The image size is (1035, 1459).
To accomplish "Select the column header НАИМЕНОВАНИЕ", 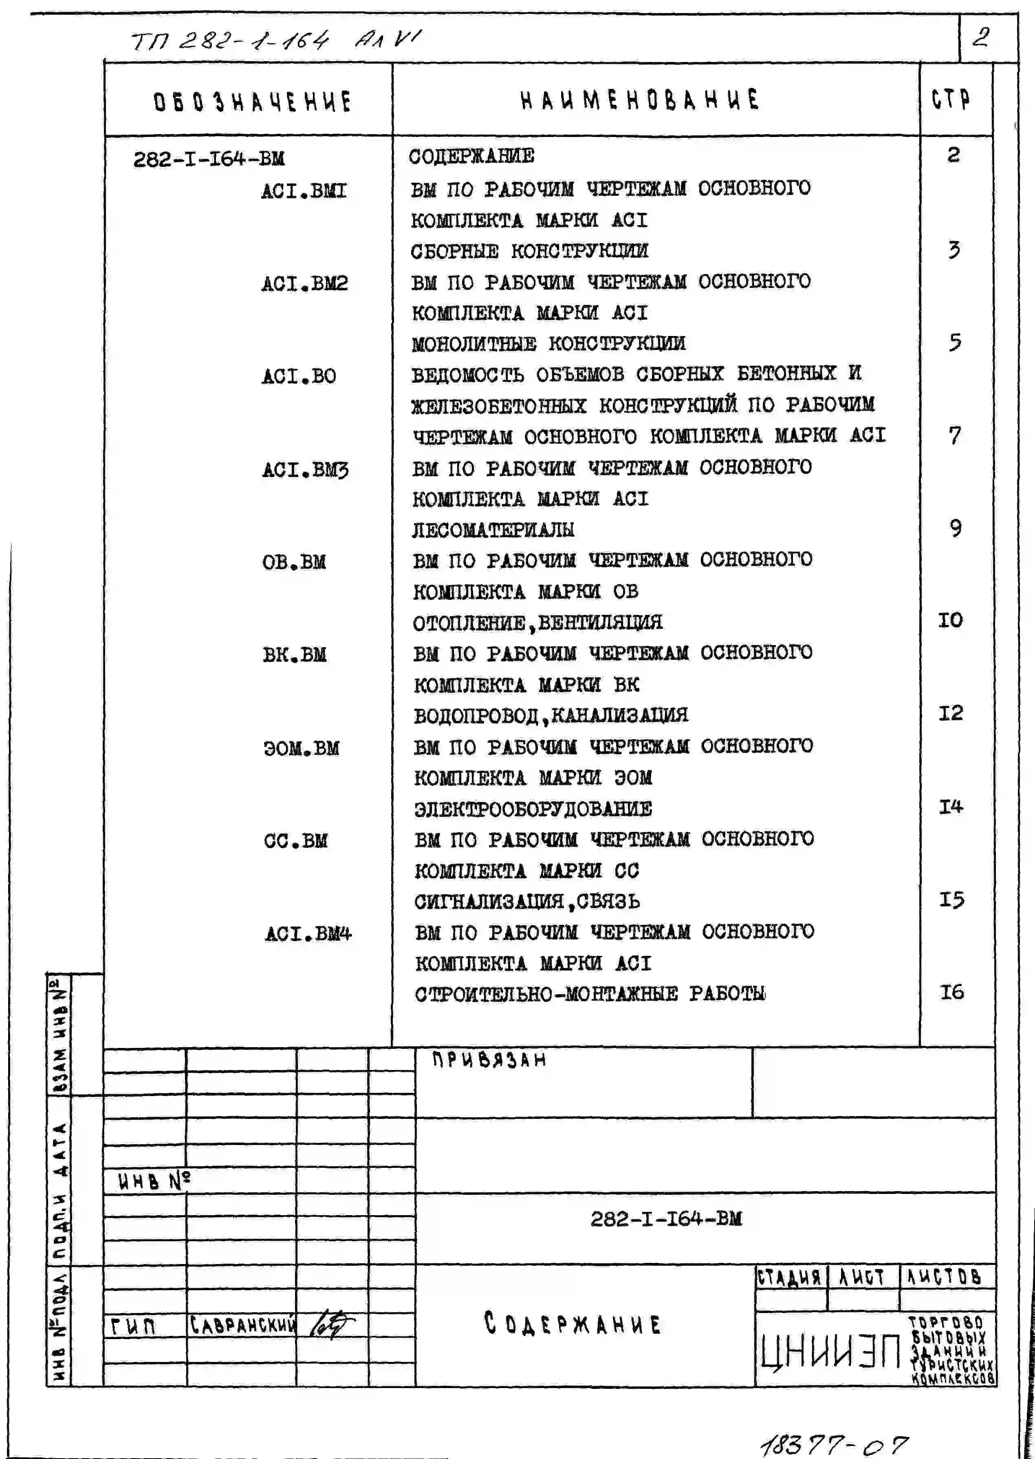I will [x=640, y=100].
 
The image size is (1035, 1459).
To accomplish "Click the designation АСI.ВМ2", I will [x=305, y=283].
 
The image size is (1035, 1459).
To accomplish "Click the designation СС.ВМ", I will [x=296, y=840].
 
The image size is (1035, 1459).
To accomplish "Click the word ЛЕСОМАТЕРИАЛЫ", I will [x=493, y=529].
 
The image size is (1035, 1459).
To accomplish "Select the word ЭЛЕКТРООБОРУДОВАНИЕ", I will [x=533, y=809].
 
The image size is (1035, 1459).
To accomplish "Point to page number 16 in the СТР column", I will [x=951, y=992].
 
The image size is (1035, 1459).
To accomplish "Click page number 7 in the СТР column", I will [x=954, y=435].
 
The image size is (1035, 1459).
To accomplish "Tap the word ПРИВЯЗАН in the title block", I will [x=489, y=1060].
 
